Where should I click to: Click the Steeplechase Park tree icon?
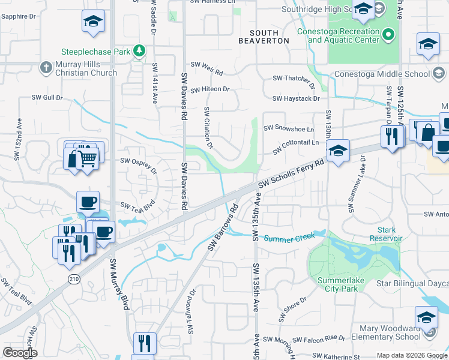[139, 52]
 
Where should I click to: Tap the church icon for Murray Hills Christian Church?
[46, 67]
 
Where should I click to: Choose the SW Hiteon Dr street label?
[210, 89]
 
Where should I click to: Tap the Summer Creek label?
[289, 238]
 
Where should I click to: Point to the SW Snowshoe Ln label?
[288, 128]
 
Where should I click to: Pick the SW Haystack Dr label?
[295, 98]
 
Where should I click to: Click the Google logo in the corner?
[20, 353]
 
